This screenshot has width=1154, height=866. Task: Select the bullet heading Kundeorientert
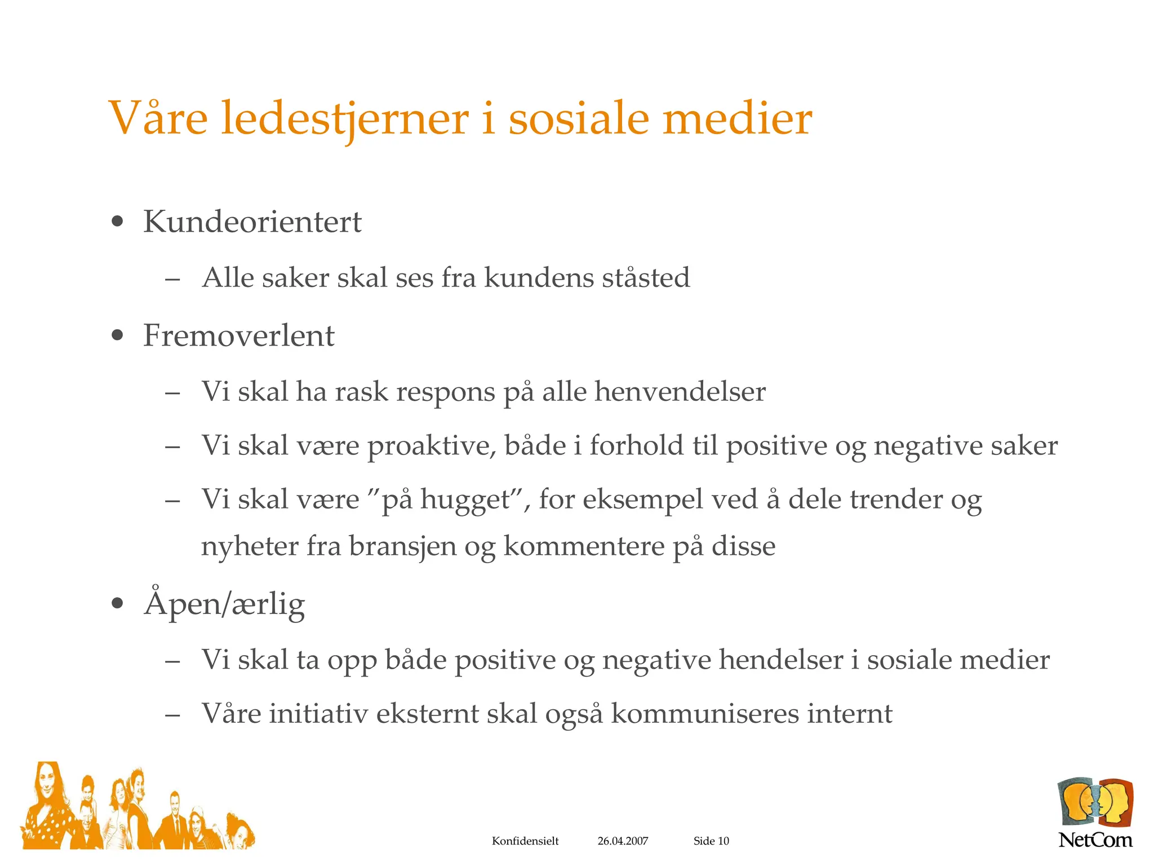pos(252,222)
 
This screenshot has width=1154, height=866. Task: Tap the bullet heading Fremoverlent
pos(238,335)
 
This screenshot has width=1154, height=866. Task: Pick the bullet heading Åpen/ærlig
pos(224,604)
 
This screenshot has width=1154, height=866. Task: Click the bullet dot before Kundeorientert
pos(117,222)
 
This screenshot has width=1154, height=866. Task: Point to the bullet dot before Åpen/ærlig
pos(117,604)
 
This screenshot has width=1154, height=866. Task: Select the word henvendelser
pos(680,391)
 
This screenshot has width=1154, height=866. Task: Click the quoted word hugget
pos(465,500)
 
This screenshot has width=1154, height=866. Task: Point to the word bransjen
pos(402,546)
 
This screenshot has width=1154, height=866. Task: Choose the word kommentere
pos(584,546)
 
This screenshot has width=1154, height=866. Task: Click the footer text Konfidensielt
pos(525,841)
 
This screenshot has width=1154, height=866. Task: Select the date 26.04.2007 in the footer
pos(623,841)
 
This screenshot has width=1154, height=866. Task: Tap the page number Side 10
pos(711,841)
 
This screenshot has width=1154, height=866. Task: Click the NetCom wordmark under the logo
pos(1095,840)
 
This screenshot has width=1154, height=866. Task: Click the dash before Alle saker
pos(172,279)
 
